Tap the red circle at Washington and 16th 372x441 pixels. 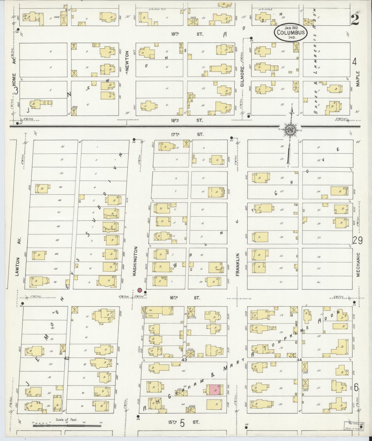[x=140, y=290]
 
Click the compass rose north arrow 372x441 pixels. [x=291, y=130]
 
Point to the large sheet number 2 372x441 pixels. [x=355, y=20]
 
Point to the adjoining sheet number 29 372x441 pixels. [x=358, y=240]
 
